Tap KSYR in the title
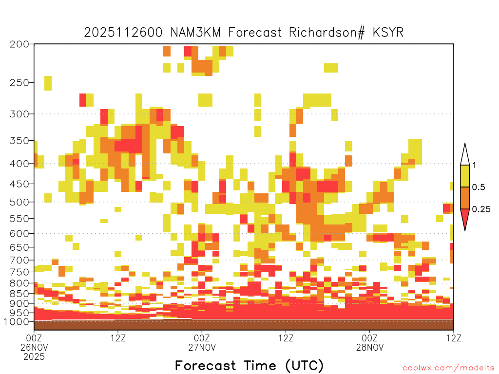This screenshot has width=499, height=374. click(388, 32)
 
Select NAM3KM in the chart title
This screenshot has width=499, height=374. click(195, 32)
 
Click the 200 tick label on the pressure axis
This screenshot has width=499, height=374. click(19, 44)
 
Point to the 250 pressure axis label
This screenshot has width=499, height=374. click(19, 83)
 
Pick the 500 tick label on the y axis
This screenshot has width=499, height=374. click(19, 202)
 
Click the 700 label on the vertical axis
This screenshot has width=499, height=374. click(19, 260)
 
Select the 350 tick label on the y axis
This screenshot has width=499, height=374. click(19, 141)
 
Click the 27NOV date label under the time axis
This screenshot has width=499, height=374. click(202, 347)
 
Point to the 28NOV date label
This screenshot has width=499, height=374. click(370, 347)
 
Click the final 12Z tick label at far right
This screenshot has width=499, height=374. click(454, 338)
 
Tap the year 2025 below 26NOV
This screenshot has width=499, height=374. click(34, 356)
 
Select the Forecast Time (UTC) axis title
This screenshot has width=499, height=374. click(249, 365)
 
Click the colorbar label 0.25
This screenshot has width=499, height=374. click(481, 209)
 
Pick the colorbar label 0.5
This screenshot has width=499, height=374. click(479, 187)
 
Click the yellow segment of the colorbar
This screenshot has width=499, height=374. click(465, 176)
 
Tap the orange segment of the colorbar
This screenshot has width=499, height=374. click(465, 198)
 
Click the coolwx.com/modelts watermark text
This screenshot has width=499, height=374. click(448, 368)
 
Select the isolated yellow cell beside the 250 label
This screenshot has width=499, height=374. click(48, 83)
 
